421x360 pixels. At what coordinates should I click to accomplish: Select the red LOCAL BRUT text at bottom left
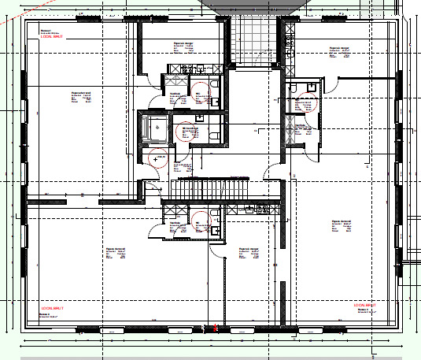[x=51, y=307]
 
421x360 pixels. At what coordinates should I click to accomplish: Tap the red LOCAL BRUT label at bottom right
[x=365, y=305]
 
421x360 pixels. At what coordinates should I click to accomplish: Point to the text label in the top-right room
[x=339, y=53]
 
